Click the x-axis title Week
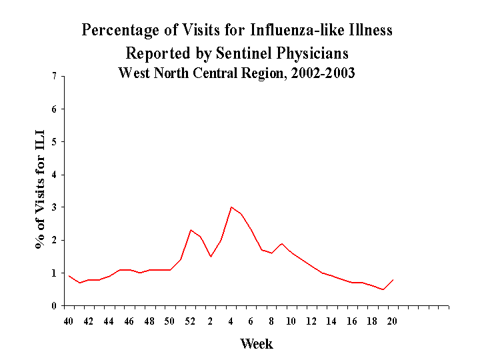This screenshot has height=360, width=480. tap(256, 344)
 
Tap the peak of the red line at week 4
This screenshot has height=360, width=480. tap(231, 207)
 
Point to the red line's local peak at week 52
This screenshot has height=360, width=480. tap(191, 230)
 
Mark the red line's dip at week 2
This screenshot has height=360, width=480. tap(211, 256)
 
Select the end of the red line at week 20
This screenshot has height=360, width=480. tap(393, 279)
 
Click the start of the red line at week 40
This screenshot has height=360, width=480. tap(69, 276)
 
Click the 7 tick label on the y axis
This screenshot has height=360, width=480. tap(53, 77)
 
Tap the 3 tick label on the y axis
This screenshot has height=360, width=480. tap(53, 207)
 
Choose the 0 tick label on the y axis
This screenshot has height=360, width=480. tap(53, 306)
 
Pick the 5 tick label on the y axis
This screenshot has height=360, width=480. tap(53, 142)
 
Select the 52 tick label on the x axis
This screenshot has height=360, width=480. tap(190, 321)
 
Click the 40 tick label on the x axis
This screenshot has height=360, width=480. tap(69, 321)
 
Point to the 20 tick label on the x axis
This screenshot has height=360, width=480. tap(393, 321)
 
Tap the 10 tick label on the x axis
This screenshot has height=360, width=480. tap(291, 321)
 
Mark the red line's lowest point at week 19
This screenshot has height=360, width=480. tap(383, 289)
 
